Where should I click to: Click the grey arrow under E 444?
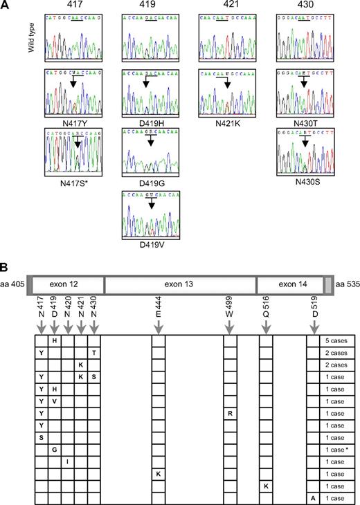[159, 323]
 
